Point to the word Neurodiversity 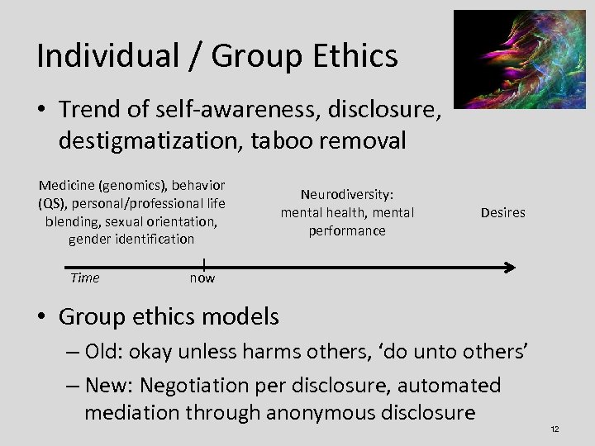(347, 195)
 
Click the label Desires (502, 212)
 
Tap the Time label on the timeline (84, 278)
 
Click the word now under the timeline (202, 278)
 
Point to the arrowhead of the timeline (510, 266)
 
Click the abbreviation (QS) (52, 204)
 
